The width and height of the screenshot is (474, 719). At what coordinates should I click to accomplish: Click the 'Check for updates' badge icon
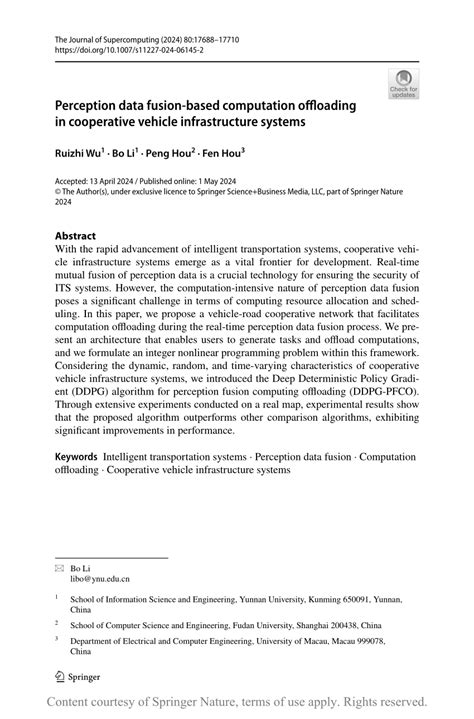[403, 83]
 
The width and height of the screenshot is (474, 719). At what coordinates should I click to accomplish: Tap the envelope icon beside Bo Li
[59, 566]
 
